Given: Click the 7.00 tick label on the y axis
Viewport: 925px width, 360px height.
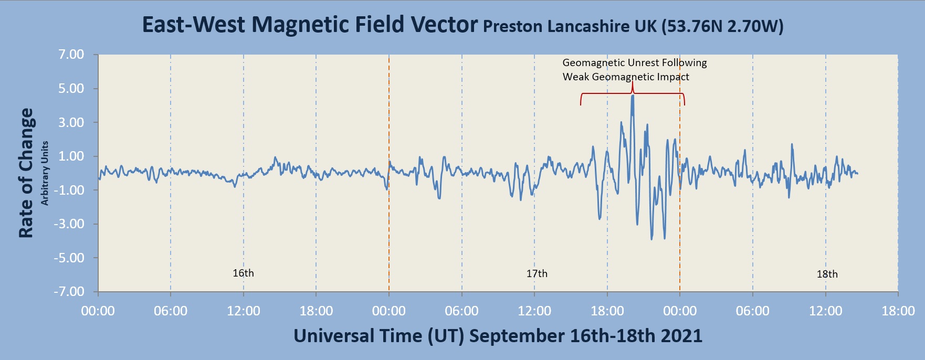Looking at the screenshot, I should [71, 55].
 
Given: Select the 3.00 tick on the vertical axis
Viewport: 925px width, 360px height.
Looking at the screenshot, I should [71, 122].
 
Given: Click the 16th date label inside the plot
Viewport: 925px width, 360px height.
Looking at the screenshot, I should [243, 273].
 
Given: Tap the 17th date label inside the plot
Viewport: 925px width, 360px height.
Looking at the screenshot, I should [537, 273].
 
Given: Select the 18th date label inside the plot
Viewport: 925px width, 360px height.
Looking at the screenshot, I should [827, 274].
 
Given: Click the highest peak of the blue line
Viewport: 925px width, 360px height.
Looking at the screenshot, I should [633, 96].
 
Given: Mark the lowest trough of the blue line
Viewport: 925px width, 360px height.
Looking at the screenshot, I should [652, 239].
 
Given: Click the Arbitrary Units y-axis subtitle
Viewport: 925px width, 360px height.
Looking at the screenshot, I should [45, 173].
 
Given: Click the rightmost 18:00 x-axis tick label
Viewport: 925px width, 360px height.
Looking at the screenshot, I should [898, 311].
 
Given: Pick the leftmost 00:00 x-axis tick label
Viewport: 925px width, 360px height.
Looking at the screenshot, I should [98, 311].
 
